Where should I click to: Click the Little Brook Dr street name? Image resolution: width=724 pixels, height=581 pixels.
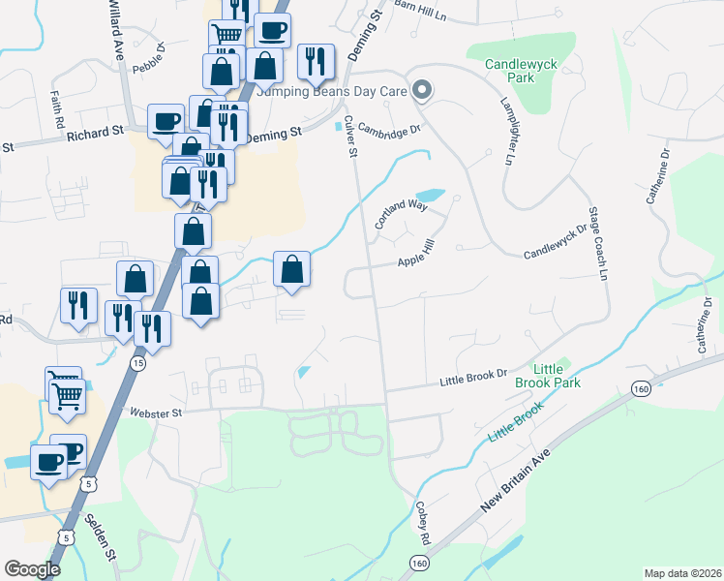point(474,374)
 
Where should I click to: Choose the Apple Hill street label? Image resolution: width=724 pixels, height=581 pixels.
point(418,261)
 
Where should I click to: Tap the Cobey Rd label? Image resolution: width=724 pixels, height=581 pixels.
point(422,520)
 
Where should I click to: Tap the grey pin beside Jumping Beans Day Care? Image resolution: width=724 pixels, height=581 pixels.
point(422,92)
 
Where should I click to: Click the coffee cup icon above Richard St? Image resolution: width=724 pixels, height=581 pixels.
point(166,121)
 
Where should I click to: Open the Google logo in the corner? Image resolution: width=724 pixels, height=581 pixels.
point(33,569)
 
